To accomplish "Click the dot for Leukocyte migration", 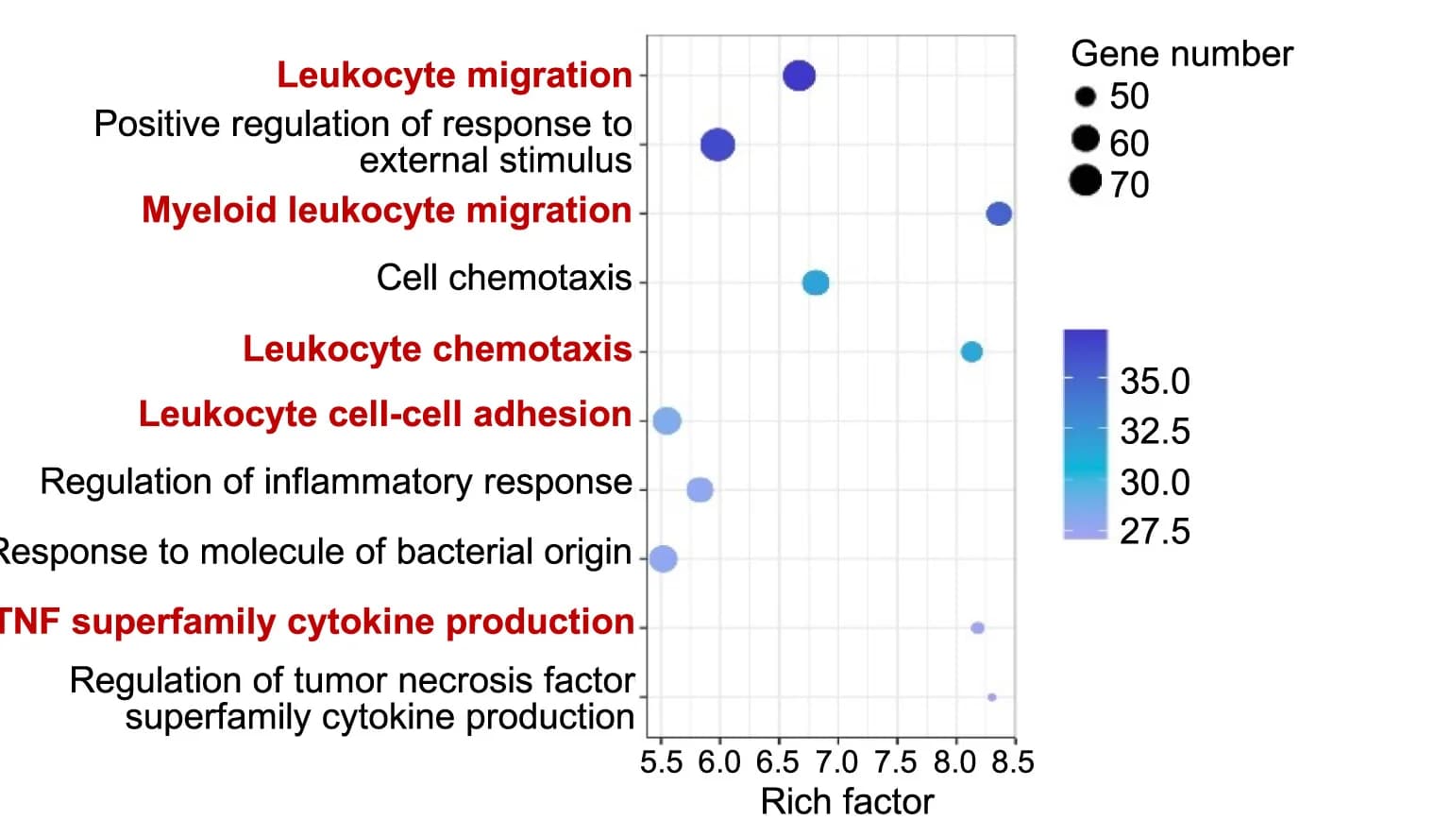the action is pos(799,76).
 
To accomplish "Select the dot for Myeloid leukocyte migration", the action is pos(998,214).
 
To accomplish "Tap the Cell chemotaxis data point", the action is pos(816,282).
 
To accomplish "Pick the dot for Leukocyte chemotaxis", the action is pos(971,352).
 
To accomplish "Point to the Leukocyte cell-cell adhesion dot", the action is pos(666,420).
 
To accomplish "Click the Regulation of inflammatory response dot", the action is pos(700,489).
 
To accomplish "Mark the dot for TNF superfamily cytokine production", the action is pos(977,627).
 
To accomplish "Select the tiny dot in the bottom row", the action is pos(992,697).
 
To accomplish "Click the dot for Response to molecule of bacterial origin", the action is pos(663,558).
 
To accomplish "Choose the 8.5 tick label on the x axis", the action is pos(1013,761).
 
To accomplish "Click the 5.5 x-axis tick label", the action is pos(662,761).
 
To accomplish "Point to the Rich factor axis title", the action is pos(847,802).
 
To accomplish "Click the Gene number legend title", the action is pos(1182,54).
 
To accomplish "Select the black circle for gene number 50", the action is pos(1085,97).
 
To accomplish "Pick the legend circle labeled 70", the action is pos(1085,180).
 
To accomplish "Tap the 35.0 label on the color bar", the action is pos(1155,381).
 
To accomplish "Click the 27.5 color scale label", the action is pos(1155,532).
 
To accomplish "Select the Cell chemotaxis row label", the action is pos(504,278).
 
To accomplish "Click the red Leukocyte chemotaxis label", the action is pos(437,349).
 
